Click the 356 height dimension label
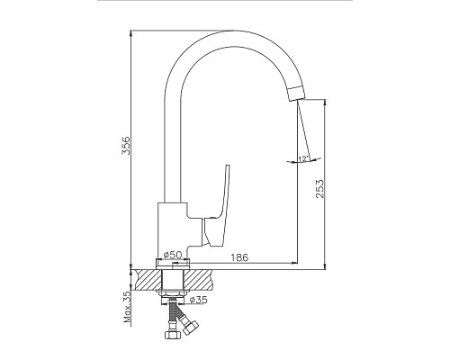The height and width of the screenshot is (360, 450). pos(127,146)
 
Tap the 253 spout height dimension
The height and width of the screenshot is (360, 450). pos(320,188)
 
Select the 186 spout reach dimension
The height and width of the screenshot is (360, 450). pos(239,257)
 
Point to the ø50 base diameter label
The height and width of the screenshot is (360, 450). pos(173,255)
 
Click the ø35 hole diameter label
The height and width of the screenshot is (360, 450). pos(199,300)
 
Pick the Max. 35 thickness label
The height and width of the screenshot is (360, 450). pos(128,307)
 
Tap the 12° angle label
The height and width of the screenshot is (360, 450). pos(303,159)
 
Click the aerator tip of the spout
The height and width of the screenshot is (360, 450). pos(296,94)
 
